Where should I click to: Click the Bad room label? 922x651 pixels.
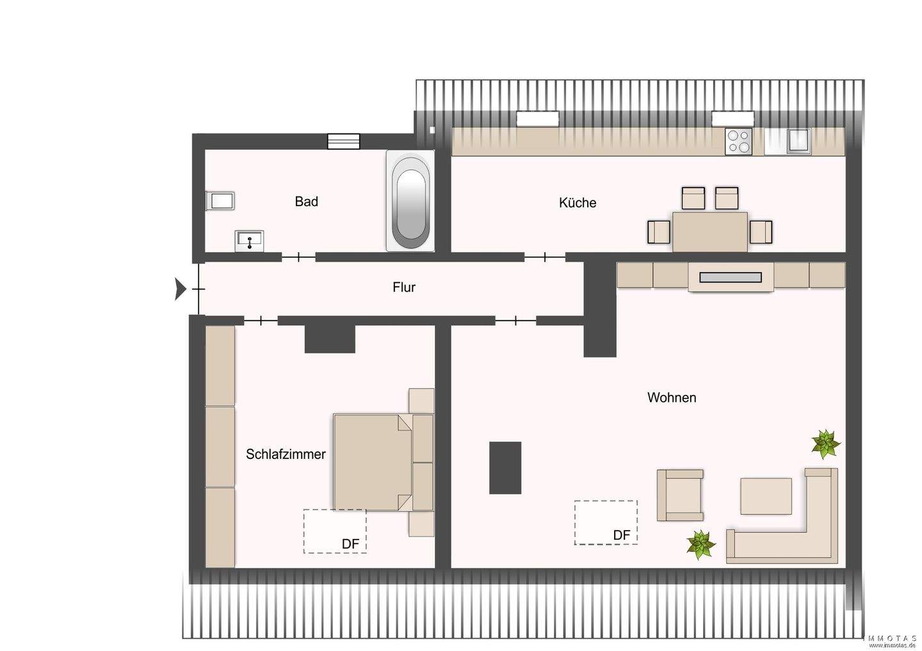coord(306,202)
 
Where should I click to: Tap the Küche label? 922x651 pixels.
coord(577,203)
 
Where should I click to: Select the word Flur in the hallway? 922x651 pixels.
coord(403,287)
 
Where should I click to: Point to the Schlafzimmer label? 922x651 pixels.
coord(286,454)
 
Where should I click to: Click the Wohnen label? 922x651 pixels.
coord(671,398)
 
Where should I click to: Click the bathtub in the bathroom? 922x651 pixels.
coord(410,200)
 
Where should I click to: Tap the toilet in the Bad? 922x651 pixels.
coord(219,201)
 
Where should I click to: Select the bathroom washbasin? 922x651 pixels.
coord(249,240)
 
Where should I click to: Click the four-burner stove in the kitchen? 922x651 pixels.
coord(738,141)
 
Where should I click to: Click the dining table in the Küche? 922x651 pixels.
coord(709,231)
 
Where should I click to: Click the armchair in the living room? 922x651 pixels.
coord(680,494)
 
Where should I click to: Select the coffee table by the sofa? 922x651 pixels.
coord(766,496)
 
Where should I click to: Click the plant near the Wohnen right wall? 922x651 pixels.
coord(825,444)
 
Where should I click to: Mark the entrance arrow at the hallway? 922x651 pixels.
coord(180,289)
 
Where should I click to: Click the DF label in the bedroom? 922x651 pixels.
coord(350,544)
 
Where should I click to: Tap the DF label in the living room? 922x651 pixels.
coord(621,535)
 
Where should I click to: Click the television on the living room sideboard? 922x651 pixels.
coord(730,277)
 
